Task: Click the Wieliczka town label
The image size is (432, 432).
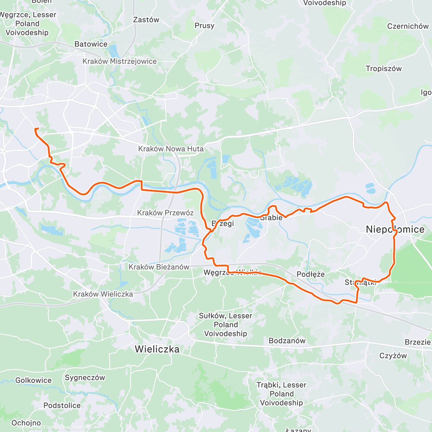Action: (x=157, y=349)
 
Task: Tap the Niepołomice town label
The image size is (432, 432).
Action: (x=395, y=229)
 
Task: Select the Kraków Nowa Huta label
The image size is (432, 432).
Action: (x=171, y=149)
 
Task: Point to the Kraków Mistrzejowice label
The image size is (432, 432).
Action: (x=120, y=61)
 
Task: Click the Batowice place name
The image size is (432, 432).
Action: (x=91, y=44)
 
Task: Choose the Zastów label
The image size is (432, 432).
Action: (x=146, y=20)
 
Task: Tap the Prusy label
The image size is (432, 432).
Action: (x=204, y=26)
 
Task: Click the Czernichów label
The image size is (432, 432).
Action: (x=408, y=26)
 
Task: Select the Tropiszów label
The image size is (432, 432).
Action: (x=383, y=68)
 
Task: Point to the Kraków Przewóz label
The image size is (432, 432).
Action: (x=165, y=213)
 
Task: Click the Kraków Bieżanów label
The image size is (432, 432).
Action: (x=159, y=267)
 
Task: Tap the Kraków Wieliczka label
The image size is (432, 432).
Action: (x=103, y=294)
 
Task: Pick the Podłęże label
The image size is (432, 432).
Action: (x=310, y=274)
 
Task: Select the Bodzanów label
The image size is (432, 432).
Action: (x=287, y=341)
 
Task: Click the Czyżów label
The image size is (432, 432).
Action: (x=393, y=356)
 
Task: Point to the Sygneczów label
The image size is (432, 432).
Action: (x=85, y=378)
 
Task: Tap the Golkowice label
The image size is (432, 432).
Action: (x=33, y=380)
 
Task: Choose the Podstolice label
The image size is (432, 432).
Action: (x=62, y=405)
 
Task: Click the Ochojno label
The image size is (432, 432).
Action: (x=26, y=423)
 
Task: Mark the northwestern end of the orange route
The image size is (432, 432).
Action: (x=35, y=129)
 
